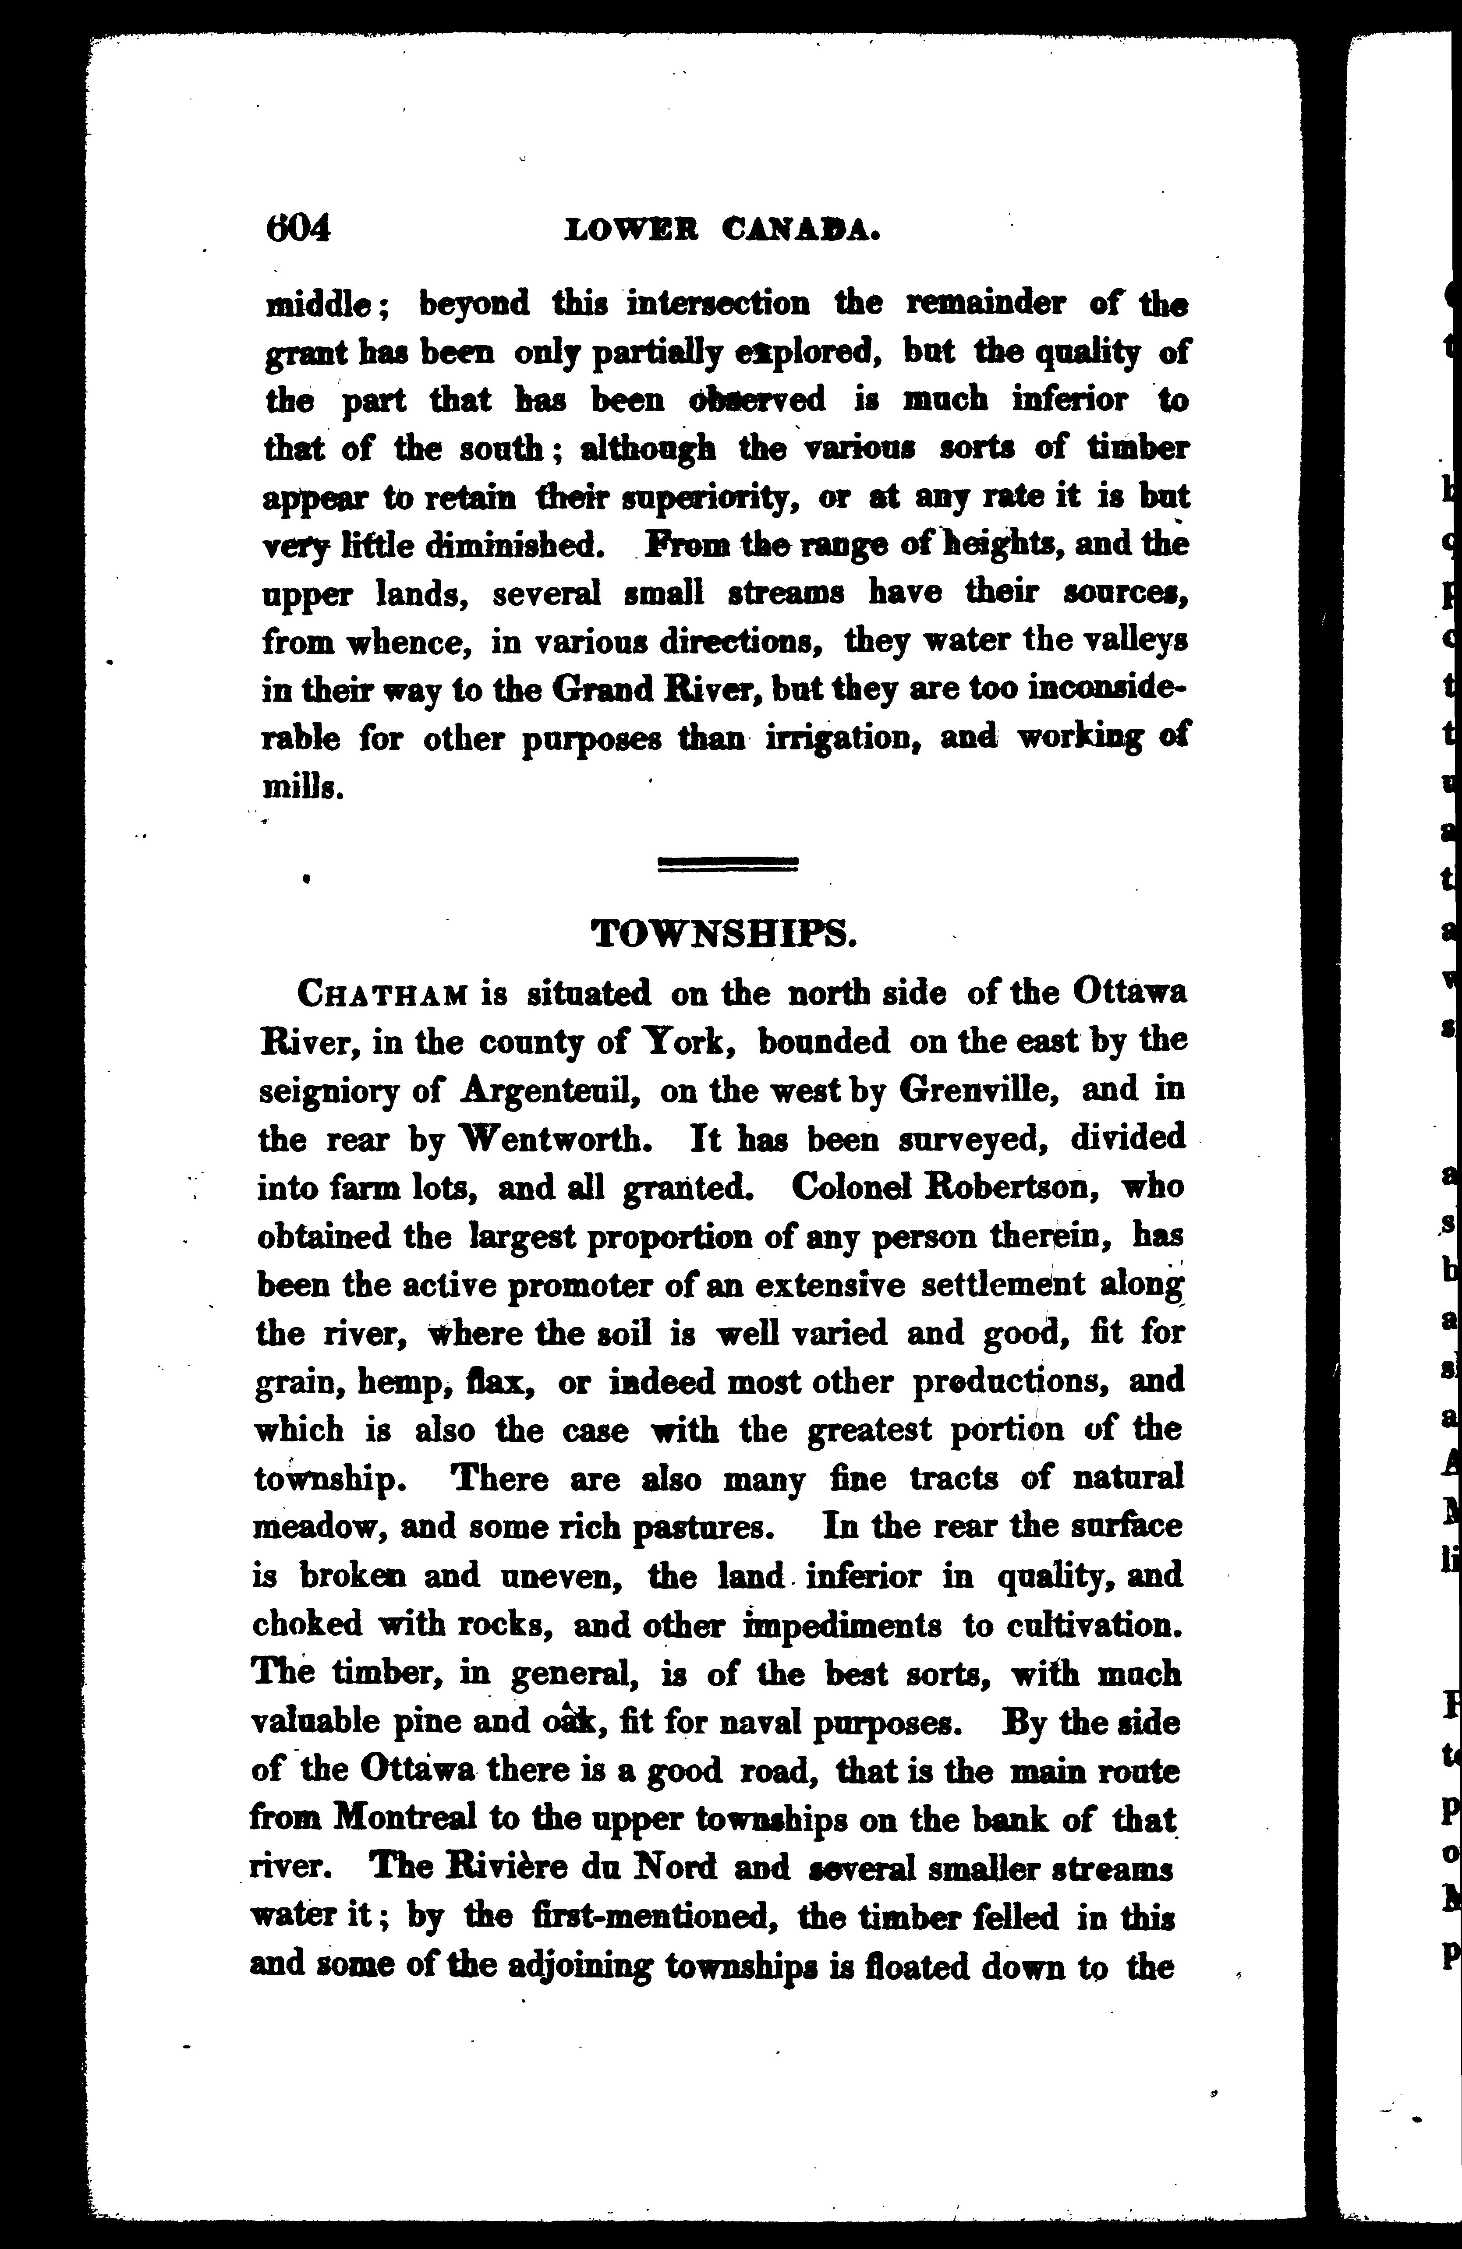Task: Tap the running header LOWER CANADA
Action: coord(723,230)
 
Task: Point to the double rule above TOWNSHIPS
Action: coord(728,863)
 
